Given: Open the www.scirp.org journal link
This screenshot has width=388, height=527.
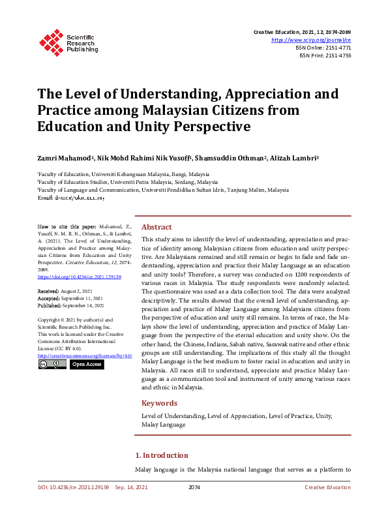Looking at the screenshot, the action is point(315,40).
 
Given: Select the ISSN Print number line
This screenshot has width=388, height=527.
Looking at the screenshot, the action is point(325,55).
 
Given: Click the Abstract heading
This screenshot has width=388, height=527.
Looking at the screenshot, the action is point(157,227).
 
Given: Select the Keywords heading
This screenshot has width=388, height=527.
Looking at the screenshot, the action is point(159,403).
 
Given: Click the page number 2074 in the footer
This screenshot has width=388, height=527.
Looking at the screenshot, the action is point(194,487).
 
